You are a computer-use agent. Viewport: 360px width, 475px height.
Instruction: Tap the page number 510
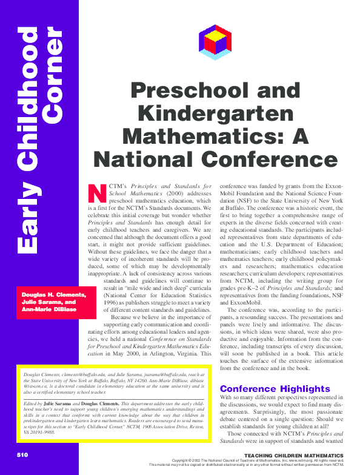22,455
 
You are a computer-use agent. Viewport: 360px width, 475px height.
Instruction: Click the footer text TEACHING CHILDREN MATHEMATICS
296,455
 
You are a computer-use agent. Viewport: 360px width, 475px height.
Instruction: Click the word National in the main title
142,158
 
